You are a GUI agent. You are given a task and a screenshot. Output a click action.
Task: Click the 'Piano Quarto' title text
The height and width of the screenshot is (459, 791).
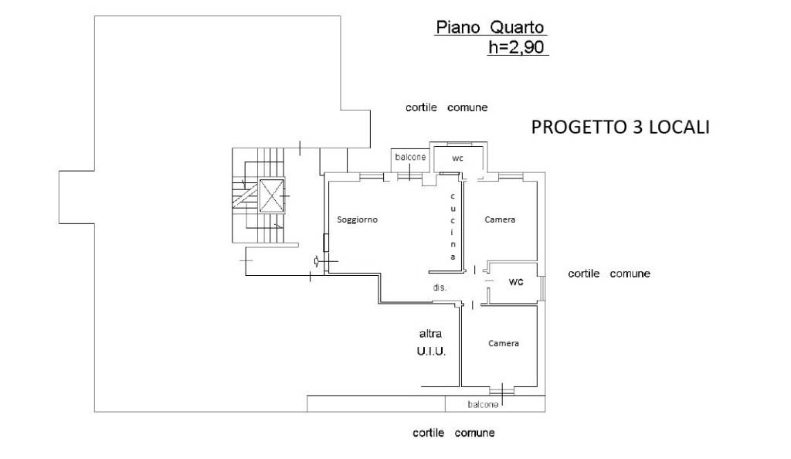(491, 27)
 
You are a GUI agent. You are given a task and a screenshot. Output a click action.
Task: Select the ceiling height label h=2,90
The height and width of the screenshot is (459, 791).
(517, 47)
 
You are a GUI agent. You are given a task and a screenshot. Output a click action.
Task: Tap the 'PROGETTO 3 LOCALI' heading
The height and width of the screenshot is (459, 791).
(620, 127)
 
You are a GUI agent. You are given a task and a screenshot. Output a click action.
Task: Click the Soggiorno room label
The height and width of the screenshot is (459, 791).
(357, 219)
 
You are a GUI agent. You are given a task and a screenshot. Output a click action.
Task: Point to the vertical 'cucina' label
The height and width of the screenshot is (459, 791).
(453, 226)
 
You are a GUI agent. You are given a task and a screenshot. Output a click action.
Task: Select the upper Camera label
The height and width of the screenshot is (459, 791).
(500, 219)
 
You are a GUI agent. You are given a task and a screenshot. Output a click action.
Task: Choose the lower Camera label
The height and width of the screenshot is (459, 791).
(504, 343)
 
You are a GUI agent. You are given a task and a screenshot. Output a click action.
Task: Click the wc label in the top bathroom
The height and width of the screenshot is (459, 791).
(457, 158)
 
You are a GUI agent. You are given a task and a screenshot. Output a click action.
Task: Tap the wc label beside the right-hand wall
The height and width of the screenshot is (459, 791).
(516, 281)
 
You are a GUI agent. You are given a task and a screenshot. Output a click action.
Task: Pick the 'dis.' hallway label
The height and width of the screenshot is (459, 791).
(440, 287)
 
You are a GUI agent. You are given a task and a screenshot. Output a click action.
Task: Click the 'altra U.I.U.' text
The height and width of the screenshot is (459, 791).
(431, 342)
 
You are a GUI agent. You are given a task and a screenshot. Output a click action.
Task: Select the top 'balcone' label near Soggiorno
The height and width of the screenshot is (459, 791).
(410, 157)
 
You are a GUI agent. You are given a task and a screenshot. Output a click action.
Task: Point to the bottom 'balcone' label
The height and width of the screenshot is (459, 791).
(483, 405)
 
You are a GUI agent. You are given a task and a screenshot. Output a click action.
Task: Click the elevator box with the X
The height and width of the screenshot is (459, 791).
(271, 195)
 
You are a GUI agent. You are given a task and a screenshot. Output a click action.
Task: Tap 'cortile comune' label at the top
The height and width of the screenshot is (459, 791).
(446, 107)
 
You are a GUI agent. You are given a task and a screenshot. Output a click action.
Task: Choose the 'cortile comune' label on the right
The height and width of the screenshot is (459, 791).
(609, 274)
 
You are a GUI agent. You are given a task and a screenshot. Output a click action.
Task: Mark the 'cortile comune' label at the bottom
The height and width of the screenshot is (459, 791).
(453, 433)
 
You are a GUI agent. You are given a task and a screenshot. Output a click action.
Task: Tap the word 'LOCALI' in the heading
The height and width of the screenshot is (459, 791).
(679, 127)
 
